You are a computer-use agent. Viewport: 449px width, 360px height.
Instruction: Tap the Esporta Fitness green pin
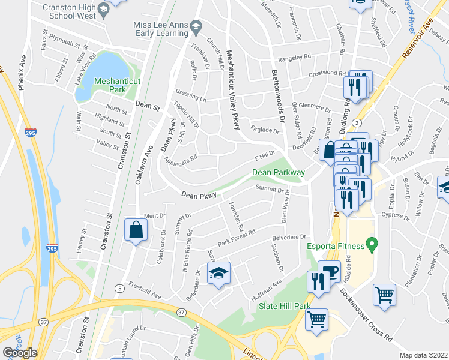[x=372, y=244]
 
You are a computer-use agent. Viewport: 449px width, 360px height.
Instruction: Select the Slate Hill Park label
[x=284, y=306]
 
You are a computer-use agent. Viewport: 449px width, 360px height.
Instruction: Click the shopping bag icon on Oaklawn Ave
[x=136, y=229]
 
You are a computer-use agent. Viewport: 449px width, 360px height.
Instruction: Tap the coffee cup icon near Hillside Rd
[x=328, y=271]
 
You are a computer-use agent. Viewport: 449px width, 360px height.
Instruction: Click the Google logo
[x=20, y=353]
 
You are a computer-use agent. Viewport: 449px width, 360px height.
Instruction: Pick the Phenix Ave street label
[x=22, y=74]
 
